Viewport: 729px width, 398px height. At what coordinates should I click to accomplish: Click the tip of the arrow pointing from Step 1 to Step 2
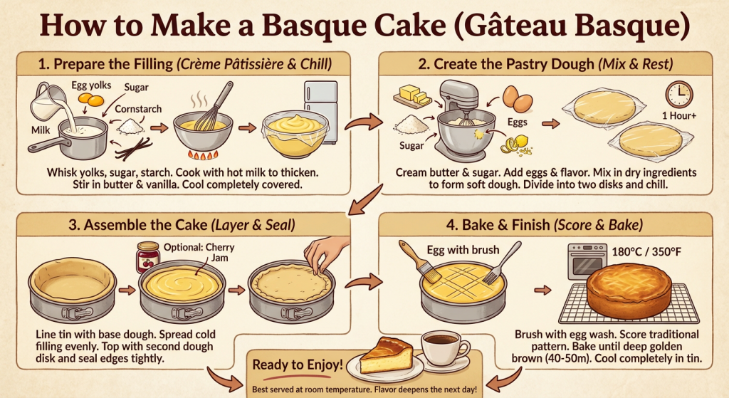coord(382,122)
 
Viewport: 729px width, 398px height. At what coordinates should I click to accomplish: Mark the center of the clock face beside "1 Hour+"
coord(679,95)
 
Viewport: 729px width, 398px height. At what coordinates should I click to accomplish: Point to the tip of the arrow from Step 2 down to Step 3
coord(349,214)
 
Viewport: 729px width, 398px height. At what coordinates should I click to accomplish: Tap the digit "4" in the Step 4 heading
coord(451,225)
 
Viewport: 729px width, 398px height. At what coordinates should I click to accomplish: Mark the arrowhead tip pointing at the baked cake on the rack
coord(552,290)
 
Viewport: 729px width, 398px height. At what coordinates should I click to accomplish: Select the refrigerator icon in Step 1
coord(321,105)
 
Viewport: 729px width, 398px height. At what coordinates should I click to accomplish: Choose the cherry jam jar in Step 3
coord(147,257)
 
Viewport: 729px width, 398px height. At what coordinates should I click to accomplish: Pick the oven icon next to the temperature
coord(587,261)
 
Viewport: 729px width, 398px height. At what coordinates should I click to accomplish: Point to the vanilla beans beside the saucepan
coord(135,148)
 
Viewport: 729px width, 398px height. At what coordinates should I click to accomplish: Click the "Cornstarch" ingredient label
coord(138,109)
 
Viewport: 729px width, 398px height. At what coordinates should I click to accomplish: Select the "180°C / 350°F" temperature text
coord(646,251)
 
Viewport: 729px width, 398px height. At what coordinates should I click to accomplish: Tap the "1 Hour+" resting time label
coord(679,115)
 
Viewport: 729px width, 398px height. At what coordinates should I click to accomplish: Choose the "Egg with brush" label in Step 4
coord(463,250)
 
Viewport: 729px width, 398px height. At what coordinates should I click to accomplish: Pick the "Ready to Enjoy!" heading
coord(298,365)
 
